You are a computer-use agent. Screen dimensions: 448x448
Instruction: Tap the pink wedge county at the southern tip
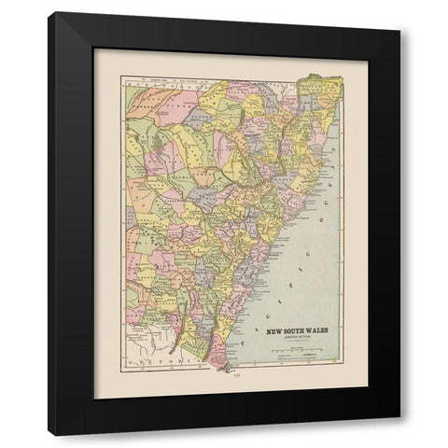pos(217,355)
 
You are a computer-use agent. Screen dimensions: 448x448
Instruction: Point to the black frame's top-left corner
pos(49,13)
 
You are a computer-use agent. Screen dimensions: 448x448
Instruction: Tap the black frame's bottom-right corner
pos(399,435)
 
